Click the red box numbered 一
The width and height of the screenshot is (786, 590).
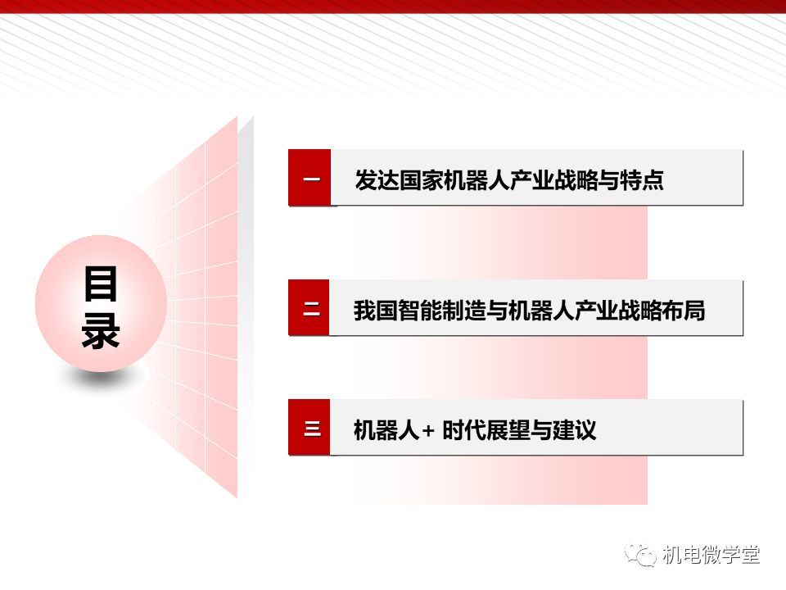(x=309, y=178)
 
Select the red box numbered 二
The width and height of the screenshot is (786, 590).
(x=309, y=307)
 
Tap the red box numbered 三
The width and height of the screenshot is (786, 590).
(x=309, y=428)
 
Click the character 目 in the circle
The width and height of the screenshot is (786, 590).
(x=101, y=284)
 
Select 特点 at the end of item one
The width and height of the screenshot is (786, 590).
(x=642, y=179)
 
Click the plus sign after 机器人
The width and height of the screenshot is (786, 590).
(x=428, y=431)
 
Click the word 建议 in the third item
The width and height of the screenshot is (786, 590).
(x=574, y=430)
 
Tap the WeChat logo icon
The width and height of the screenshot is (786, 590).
(x=640, y=555)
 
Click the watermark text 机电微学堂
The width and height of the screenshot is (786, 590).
(x=711, y=555)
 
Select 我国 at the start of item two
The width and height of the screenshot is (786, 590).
(x=376, y=310)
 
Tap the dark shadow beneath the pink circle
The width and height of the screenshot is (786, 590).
(x=102, y=379)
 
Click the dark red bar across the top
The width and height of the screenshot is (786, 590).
(x=393, y=6)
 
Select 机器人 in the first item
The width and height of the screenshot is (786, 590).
(x=477, y=179)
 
